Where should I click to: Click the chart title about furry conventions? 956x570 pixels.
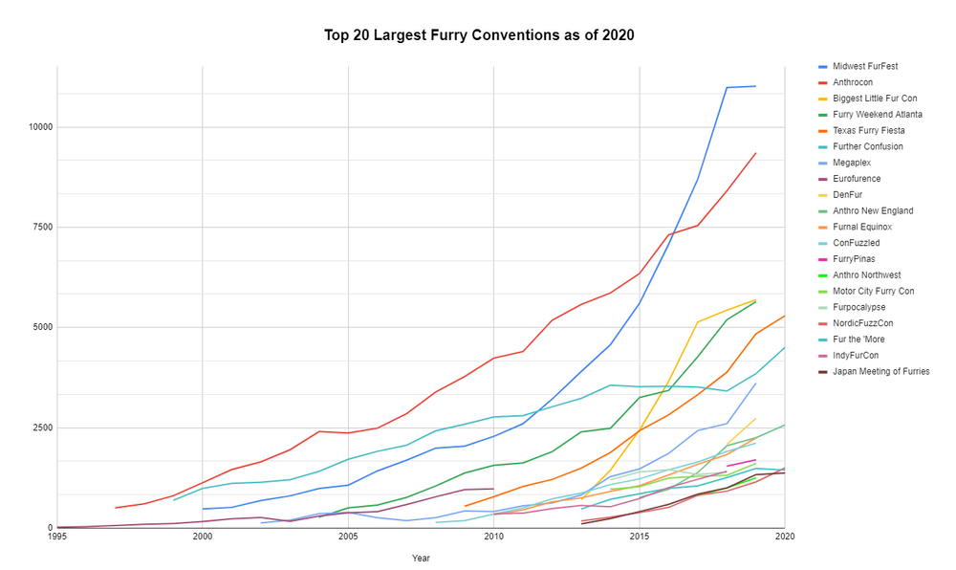(x=478, y=35)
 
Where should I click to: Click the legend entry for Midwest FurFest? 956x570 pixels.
(x=864, y=66)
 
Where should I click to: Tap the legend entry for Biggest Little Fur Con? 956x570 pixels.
(x=874, y=99)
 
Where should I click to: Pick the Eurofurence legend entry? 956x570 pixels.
(x=857, y=178)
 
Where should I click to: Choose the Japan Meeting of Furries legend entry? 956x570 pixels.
(x=880, y=371)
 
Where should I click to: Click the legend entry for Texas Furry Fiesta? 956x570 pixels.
(x=868, y=130)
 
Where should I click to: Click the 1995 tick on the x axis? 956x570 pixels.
(x=57, y=538)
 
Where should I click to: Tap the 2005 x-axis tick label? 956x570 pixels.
(x=349, y=538)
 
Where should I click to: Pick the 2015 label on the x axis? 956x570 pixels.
(x=640, y=538)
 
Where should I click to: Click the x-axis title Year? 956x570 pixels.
(x=421, y=558)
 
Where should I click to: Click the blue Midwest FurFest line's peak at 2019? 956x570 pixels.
(x=755, y=86)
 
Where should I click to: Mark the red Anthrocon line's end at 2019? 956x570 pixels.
(x=755, y=153)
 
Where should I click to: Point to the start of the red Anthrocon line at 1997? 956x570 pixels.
(x=116, y=508)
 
